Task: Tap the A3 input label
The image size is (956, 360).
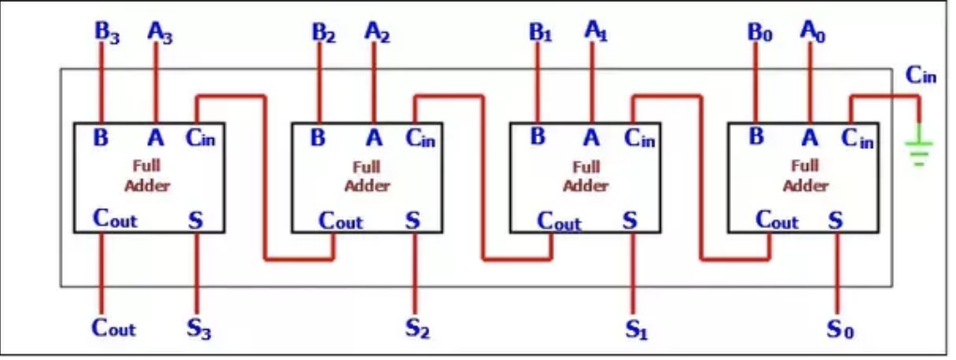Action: click(x=160, y=30)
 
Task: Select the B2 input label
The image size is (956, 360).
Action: click(x=323, y=31)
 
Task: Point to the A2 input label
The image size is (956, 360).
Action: click(x=378, y=31)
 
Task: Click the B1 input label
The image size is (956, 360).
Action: click(x=541, y=31)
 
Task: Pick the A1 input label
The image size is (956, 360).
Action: click(x=596, y=30)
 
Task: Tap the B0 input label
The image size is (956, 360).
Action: click(x=759, y=31)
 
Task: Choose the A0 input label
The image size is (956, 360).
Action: click(x=814, y=30)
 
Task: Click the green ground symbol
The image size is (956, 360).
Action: click(x=919, y=150)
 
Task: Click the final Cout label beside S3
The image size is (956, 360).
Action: click(x=113, y=328)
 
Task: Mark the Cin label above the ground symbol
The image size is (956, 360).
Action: click(x=920, y=76)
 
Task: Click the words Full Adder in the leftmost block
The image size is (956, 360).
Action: click(x=148, y=176)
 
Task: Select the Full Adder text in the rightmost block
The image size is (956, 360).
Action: click(x=805, y=176)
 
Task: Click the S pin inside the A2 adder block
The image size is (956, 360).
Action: click(x=413, y=220)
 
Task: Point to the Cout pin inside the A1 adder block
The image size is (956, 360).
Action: click(x=559, y=221)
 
